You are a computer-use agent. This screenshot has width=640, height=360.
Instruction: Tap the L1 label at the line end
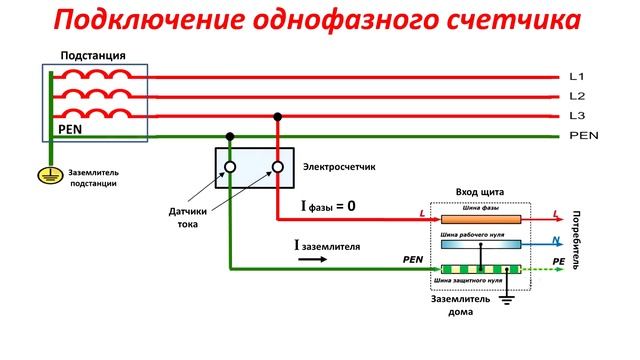pos(576,77)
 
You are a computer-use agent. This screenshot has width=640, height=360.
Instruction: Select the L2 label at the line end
pos(576,96)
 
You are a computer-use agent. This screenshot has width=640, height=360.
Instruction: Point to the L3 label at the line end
pos(576,116)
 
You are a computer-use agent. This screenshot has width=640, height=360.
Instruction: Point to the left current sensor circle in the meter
pos(230,167)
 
